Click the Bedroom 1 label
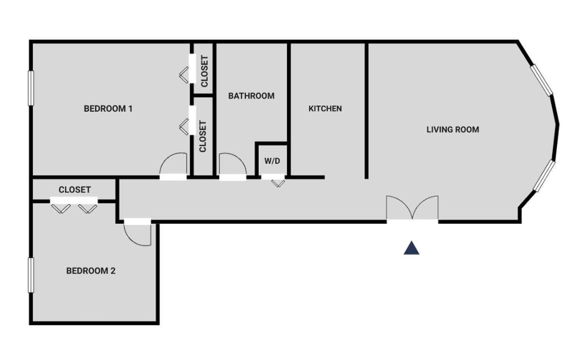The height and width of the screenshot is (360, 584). pos(108,108)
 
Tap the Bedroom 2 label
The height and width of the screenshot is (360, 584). pos(91,271)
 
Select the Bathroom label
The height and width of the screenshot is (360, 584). pos(251,96)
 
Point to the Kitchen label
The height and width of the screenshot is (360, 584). pos(325,108)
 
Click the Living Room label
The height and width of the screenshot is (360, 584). pos(453,129)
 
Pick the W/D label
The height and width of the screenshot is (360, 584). pos(272,161)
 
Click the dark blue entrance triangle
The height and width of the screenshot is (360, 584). pos(411,248)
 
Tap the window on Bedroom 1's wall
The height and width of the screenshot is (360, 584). pos(31,88)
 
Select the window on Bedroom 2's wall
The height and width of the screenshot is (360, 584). pos(31,275)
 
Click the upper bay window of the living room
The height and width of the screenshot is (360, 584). pos(542,80)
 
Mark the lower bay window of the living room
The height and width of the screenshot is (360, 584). pos(544,176)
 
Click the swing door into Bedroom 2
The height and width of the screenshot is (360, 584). pos(138,232)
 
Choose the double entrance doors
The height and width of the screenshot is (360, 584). pos(412,208)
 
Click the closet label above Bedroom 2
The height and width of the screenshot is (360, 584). pos(75,190)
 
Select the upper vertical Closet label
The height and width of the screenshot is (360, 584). pos(205,71)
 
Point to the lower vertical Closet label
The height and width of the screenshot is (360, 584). pos(203,136)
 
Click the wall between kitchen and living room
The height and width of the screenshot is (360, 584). pos(366,111)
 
